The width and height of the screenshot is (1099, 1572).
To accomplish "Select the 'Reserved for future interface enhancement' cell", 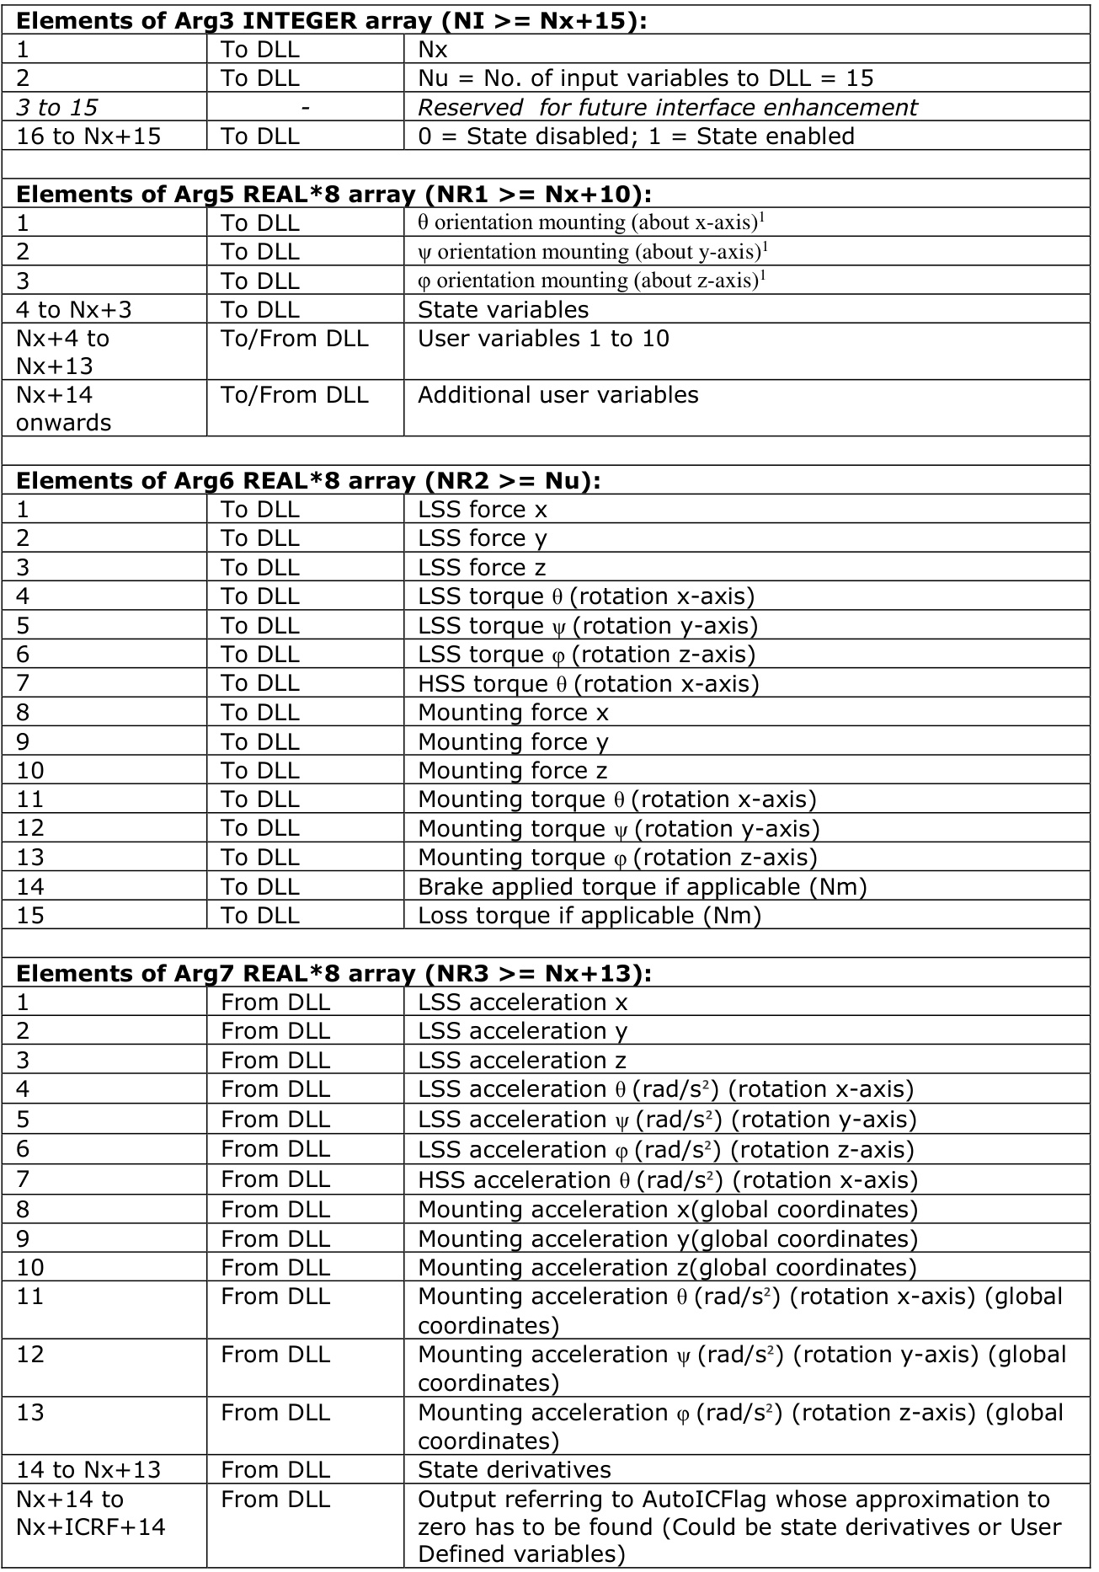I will click(667, 108).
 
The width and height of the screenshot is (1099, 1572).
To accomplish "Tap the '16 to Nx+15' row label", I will click(88, 136).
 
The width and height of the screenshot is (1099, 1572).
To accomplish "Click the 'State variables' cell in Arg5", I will click(503, 309).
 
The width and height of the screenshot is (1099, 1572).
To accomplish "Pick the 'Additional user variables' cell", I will click(558, 395).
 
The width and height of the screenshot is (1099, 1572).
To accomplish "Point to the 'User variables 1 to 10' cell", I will click(543, 339).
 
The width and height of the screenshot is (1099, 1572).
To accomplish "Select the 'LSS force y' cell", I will click(482, 538).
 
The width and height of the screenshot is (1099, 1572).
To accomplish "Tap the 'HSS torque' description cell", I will click(588, 683).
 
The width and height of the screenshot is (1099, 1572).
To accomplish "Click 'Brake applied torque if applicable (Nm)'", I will click(642, 886).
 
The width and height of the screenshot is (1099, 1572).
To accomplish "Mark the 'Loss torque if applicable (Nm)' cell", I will click(589, 916).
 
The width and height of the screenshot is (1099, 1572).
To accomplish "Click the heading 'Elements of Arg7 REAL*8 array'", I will click(333, 974).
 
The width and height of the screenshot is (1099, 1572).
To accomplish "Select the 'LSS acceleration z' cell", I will click(522, 1060).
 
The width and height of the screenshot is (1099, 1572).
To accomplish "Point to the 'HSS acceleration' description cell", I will click(667, 1179).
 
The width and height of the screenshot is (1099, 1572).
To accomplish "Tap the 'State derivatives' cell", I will click(514, 1470).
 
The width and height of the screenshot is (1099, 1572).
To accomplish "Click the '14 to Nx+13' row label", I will click(88, 1470).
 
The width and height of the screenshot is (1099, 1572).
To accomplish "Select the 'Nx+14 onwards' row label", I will click(63, 409).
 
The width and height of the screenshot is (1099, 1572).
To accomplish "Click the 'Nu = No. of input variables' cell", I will click(645, 78).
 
